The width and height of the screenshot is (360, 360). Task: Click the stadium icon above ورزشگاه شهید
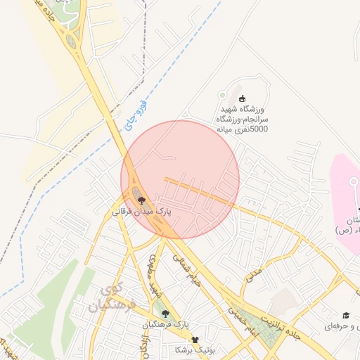tap(243, 98)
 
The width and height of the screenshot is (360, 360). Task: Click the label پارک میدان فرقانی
tap(142, 210)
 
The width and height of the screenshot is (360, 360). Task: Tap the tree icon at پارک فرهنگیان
tap(165, 314)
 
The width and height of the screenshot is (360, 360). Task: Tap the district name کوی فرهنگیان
tap(112, 299)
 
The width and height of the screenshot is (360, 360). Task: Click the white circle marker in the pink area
tap(354, 180)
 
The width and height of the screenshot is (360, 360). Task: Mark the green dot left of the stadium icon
tap(223, 94)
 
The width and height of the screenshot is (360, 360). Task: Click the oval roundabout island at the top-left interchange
tap(71, 41)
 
